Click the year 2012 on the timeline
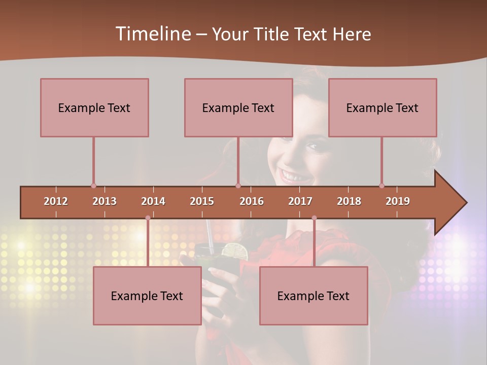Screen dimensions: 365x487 (56, 201)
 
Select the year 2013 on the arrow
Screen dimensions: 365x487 (105, 201)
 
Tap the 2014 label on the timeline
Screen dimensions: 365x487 (153, 201)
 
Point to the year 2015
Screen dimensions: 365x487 (202, 201)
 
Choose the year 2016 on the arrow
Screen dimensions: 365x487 (252, 201)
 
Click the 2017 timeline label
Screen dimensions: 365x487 (300, 201)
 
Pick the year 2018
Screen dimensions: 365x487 (349, 201)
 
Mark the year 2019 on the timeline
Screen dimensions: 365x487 (398, 201)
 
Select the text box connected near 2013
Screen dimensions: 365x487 (94, 107)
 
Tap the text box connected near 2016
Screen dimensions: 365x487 (238, 107)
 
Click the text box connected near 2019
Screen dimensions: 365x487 (382, 107)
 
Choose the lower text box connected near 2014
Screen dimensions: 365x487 (147, 296)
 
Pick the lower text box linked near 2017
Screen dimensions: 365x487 (314, 296)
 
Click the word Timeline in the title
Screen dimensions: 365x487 (152, 34)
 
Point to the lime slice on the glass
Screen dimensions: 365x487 (235, 250)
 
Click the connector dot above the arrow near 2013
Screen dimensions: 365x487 (93, 186)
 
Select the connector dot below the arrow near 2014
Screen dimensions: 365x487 (148, 218)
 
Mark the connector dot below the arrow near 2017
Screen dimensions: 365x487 (314, 218)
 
